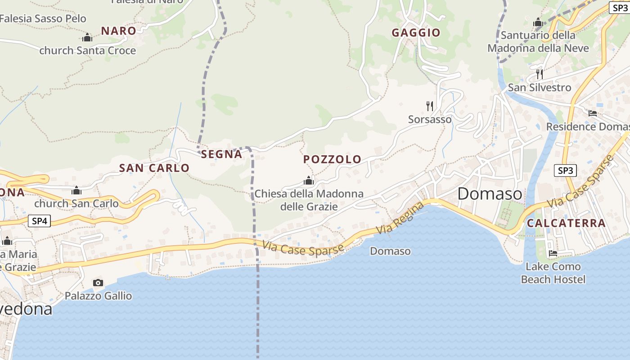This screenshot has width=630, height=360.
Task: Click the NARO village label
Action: point(118,31)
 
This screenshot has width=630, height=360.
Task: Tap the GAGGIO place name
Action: point(416,32)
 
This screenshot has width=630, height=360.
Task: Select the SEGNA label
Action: point(221,154)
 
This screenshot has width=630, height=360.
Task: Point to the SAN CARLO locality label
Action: point(154,168)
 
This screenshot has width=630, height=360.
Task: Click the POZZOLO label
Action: point(332,159)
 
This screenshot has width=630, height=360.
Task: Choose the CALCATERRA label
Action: point(566,223)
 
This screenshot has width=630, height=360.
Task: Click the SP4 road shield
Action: point(40,221)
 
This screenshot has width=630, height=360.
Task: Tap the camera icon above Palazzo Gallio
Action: point(98,283)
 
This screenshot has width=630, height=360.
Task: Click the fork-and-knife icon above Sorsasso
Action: point(430,106)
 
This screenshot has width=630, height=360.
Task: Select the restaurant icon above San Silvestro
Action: point(539,74)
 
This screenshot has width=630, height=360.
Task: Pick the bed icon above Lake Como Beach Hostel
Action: point(553,253)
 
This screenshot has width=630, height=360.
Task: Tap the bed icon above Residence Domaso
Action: point(593,113)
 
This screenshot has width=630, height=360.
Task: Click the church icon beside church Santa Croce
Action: point(87,37)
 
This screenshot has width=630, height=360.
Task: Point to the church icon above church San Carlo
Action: point(76,190)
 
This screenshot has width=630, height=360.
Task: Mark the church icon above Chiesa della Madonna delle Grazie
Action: point(309,180)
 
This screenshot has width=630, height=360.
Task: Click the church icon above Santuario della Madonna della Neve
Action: point(538,22)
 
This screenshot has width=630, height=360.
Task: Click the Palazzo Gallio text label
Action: point(99,296)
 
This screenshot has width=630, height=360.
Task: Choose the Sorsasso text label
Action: point(430,119)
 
